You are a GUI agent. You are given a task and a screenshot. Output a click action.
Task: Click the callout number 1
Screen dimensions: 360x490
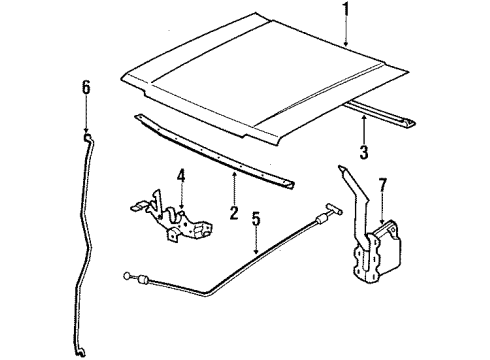coord(345,12)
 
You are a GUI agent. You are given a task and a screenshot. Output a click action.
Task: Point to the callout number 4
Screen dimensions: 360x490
coord(181,178)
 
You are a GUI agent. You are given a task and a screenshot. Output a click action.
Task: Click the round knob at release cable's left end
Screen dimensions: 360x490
coord(129,275)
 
